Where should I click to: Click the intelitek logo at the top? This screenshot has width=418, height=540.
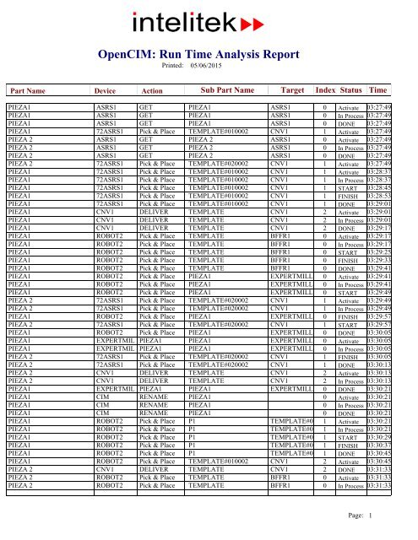tap(209, 22)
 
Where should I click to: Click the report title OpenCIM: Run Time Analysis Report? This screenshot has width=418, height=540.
tap(209, 53)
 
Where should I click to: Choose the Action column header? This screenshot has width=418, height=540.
tap(152, 90)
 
